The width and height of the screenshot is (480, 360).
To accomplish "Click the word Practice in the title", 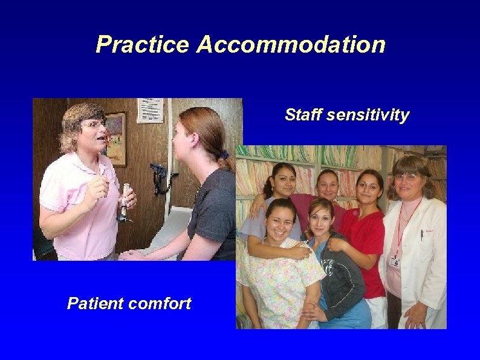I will click(x=142, y=45).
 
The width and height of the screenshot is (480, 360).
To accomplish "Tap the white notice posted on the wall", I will click(x=149, y=110).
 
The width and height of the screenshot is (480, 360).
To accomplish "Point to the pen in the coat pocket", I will click(x=421, y=235).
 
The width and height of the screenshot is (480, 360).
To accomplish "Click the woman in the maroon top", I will click(x=326, y=194).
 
